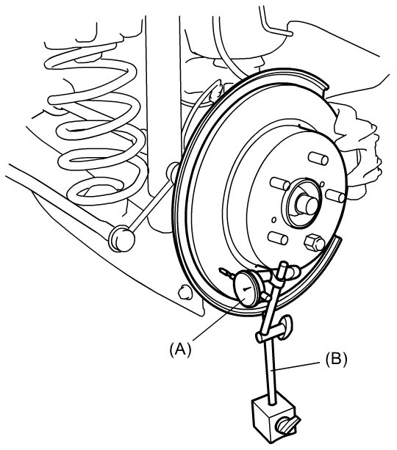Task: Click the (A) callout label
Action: (x=180, y=349)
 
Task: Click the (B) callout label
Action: (x=336, y=359)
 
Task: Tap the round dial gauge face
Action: (x=246, y=289)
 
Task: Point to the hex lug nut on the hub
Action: (x=314, y=242)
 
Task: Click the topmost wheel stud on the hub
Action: (x=318, y=159)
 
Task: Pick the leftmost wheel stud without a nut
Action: (x=279, y=183)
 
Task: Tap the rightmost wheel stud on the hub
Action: (x=335, y=196)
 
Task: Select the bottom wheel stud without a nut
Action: (x=278, y=238)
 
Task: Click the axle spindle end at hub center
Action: (x=307, y=204)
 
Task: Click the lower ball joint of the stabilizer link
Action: (x=121, y=239)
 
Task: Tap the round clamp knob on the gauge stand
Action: (x=286, y=325)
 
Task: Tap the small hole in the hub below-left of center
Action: (x=274, y=219)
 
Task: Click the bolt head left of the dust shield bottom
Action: (x=184, y=292)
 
